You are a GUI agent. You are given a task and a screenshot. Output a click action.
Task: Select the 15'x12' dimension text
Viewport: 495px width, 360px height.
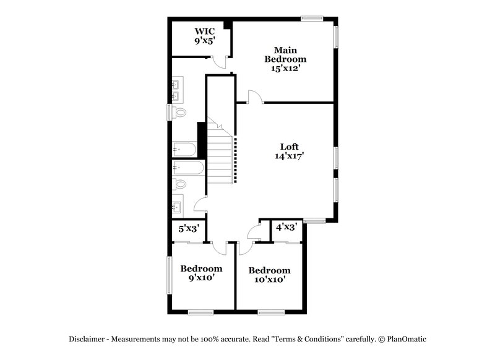(x=285, y=69)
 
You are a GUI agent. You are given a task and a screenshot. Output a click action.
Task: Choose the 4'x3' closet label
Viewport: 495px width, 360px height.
(x=286, y=227)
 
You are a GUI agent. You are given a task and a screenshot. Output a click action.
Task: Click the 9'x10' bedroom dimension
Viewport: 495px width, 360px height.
(x=201, y=278)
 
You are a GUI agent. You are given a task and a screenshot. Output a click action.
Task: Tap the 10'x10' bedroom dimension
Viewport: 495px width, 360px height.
(x=269, y=280)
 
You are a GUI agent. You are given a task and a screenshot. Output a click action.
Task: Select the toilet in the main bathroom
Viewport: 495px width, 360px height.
(x=179, y=113)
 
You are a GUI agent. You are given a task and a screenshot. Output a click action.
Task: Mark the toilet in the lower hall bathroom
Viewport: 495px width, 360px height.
(x=180, y=184)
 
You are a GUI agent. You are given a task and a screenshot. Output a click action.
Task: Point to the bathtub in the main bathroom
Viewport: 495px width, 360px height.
(x=184, y=149)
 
